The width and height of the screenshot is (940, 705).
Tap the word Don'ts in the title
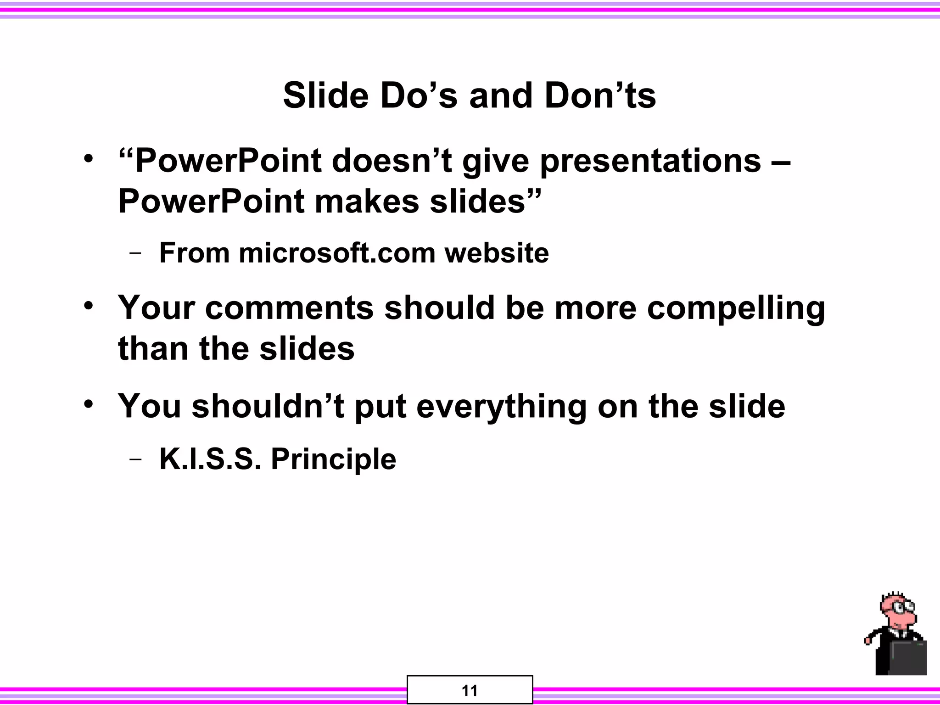click(600, 95)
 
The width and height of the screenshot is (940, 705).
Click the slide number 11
click(470, 691)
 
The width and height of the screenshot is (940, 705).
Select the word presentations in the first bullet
click(650, 162)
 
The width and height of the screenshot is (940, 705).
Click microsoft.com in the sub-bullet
click(337, 253)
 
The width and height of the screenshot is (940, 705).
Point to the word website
click(497, 253)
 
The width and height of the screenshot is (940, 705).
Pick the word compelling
click(736, 308)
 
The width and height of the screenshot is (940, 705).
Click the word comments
click(290, 308)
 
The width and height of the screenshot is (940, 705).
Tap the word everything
click(501, 407)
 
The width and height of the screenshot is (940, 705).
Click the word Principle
click(333, 459)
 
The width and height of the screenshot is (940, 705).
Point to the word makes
click(367, 201)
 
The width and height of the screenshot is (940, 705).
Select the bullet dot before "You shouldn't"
click(89, 404)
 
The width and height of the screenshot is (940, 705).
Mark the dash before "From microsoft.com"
click(135, 253)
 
